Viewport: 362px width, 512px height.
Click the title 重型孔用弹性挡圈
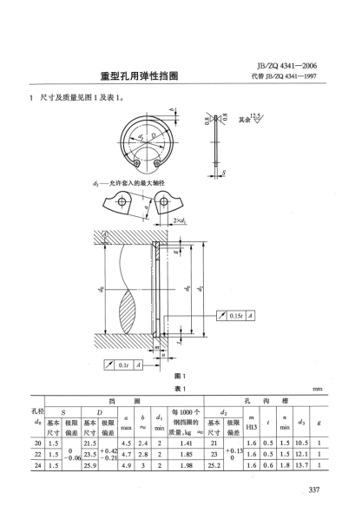137,77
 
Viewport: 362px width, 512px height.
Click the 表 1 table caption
180,388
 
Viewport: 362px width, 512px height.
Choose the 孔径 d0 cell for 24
36,466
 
